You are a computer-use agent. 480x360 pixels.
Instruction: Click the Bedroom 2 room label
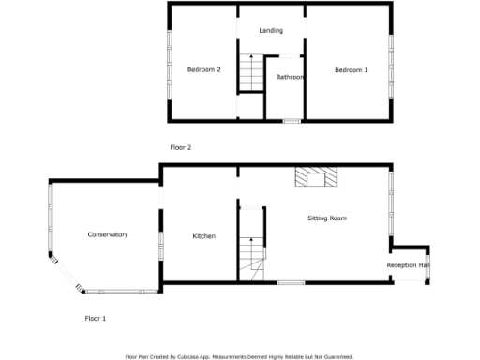click(x=203, y=70)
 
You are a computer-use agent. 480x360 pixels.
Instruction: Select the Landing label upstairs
click(x=271, y=31)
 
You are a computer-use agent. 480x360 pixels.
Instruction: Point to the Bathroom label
click(x=290, y=77)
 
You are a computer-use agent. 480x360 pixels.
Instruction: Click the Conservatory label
click(x=108, y=234)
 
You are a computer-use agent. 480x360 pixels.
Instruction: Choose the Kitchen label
click(x=204, y=236)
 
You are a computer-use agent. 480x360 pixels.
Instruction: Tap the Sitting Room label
click(x=327, y=218)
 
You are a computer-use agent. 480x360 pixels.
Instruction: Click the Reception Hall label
click(x=409, y=265)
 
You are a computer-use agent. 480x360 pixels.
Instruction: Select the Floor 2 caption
click(x=181, y=147)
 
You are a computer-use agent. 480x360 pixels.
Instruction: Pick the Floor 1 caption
click(x=96, y=319)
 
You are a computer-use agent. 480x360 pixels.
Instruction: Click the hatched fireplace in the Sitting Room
click(x=314, y=177)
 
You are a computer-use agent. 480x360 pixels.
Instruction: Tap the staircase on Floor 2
click(x=249, y=73)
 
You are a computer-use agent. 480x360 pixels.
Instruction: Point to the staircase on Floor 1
click(x=250, y=254)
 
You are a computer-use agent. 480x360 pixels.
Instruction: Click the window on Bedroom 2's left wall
click(x=170, y=62)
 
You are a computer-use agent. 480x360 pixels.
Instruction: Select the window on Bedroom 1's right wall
click(x=390, y=62)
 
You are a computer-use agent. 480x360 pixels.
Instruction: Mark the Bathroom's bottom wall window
click(x=292, y=120)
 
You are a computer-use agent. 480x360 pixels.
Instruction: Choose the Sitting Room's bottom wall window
click(x=291, y=282)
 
